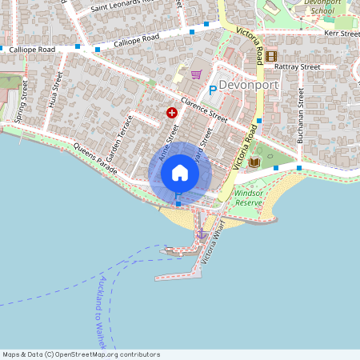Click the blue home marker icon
[x=179, y=173]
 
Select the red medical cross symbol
[x=171, y=114]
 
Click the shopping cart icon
[x=196, y=74]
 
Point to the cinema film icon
[x=271, y=56]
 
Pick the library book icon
[x=254, y=162]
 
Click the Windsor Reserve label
[x=250, y=198]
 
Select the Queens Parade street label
[x=95, y=159]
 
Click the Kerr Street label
[x=342, y=34]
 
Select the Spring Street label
[x=21, y=101]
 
